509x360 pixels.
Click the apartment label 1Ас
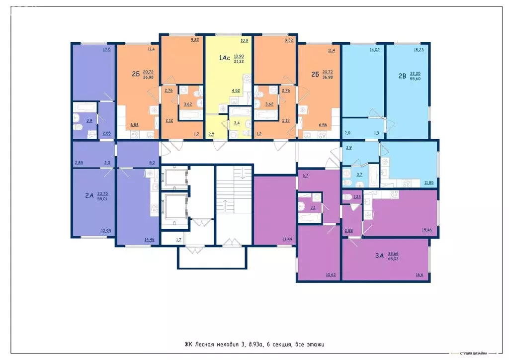(225, 58)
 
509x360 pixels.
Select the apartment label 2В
(402, 77)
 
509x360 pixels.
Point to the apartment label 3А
(379, 256)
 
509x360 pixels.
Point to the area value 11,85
(428, 183)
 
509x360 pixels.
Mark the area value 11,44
(288, 239)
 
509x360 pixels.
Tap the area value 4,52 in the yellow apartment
(237, 90)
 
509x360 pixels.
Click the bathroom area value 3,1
(313, 207)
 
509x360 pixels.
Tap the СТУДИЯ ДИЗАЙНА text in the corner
(473, 354)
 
